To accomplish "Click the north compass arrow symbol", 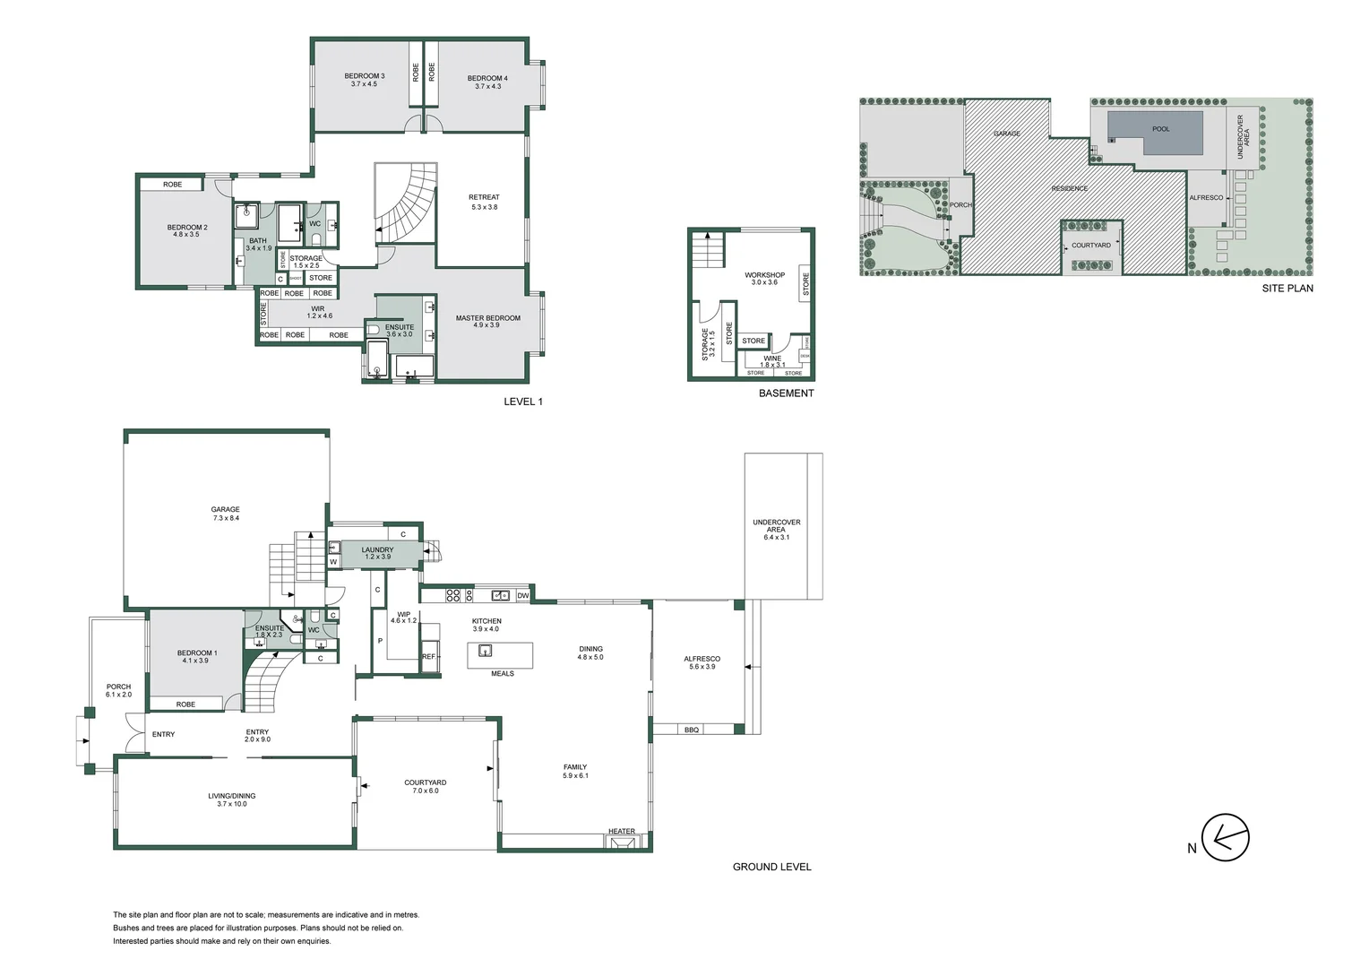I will point(1226,839).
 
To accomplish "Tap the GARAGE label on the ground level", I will point(225,509).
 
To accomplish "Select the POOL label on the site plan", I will point(1160,129).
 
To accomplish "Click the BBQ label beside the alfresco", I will point(691,730).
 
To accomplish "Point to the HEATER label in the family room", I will point(621,832).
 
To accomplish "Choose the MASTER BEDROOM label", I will point(487,318).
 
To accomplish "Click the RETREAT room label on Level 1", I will point(484,197).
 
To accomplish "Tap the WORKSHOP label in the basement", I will point(764,275).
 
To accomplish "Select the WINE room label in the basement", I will point(772,359).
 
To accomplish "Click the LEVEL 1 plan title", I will point(523,402).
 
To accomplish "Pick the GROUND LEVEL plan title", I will point(771,867).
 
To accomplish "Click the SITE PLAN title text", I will point(1287,289).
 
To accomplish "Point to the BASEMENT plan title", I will point(786,393).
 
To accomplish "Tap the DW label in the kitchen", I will point(523,595).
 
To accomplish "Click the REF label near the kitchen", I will point(428,657).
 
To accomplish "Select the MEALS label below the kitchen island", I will point(502,673).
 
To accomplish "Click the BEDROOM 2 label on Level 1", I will point(187,228).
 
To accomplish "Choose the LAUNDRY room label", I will point(377,550).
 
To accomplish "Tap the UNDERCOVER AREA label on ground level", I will point(776,526).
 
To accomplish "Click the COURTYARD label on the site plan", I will point(1090,246).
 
